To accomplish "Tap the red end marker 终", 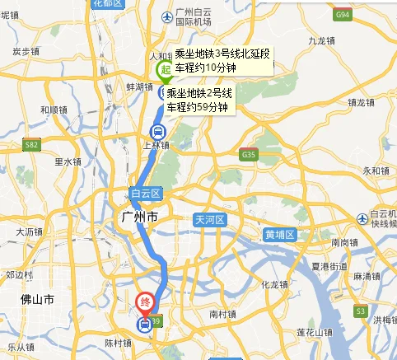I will [x=143, y=302].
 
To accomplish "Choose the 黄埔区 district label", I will [x=280, y=234].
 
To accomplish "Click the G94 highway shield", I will [x=341, y=14].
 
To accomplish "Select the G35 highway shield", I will [x=248, y=154].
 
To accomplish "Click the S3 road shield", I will [x=361, y=311].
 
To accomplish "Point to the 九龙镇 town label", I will [x=320, y=39].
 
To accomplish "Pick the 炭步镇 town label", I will [x=26, y=51].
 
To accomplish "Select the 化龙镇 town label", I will [x=273, y=285].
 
